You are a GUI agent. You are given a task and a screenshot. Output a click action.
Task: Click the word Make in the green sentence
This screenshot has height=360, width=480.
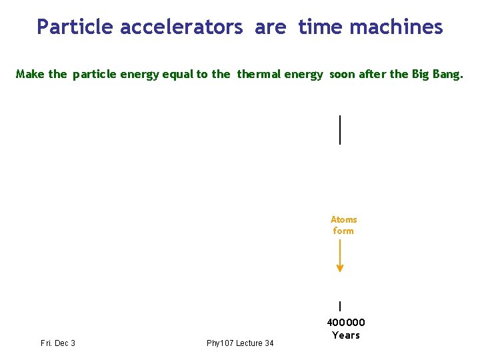31,74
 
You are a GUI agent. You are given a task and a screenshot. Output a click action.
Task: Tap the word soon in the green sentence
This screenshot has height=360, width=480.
342,74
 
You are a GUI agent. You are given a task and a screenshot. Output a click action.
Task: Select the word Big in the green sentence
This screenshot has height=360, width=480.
421,74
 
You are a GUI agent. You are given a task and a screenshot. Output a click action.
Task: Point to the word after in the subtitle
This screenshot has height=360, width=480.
372,74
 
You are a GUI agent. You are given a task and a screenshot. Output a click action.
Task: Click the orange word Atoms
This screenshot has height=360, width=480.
343,219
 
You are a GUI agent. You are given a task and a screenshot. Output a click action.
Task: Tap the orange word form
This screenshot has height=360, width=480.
343,231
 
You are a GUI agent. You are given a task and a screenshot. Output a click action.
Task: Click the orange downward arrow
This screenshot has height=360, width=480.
340,256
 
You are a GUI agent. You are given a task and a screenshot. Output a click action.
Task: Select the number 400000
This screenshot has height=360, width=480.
345,323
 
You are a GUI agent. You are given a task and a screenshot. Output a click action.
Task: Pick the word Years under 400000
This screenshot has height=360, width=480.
345,335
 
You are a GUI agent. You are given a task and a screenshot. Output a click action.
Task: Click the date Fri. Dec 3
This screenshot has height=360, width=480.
58,343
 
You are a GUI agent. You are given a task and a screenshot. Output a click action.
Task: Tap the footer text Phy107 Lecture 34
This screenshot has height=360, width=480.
240,343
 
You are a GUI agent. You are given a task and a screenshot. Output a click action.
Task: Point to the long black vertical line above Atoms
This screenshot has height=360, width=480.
340,129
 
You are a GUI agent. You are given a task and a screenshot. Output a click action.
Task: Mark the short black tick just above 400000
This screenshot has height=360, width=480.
340,307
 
